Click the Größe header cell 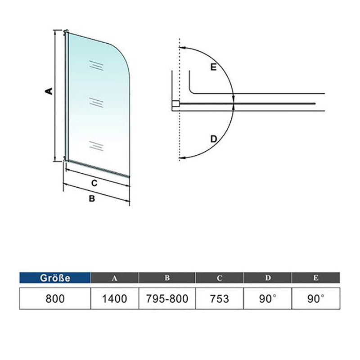(x=55, y=278)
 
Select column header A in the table (x=115, y=278)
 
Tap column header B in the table (x=167, y=278)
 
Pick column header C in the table (x=220, y=278)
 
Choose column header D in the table (x=268, y=278)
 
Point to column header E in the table (x=316, y=278)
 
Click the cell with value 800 (x=55, y=298)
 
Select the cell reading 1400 (x=115, y=298)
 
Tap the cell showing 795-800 (x=167, y=298)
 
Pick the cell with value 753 (x=220, y=298)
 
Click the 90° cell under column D (x=268, y=298)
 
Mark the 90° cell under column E (x=316, y=298)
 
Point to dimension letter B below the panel (x=91, y=198)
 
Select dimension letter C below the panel (x=94, y=183)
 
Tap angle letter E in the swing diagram (x=213, y=67)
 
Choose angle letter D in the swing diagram (x=214, y=138)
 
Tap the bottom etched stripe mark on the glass (x=97, y=145)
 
